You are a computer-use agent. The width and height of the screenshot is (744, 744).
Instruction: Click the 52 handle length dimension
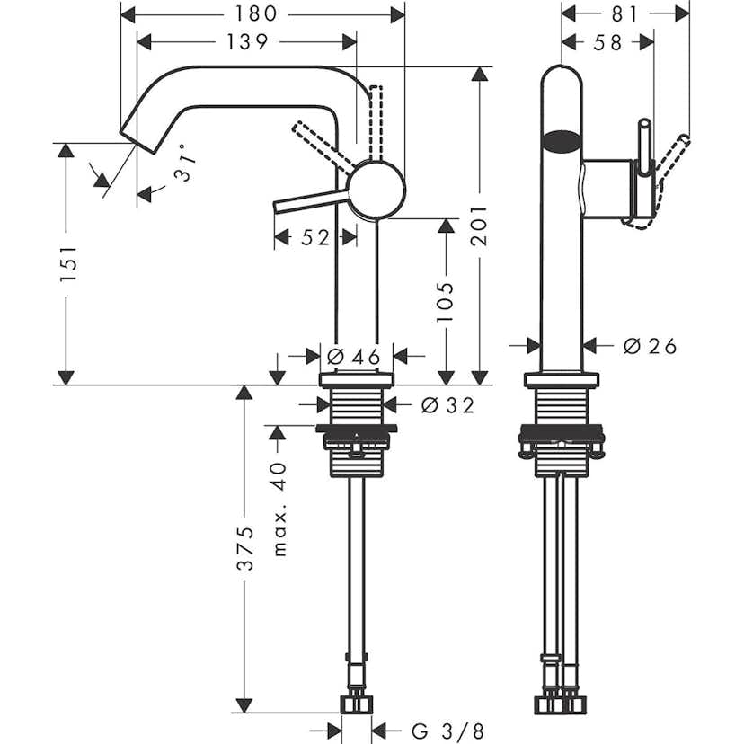point(314,237)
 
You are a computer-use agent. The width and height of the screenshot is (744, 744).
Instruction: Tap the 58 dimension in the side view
point(607,42)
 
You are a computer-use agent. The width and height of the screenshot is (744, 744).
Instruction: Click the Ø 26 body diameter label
point(649,345)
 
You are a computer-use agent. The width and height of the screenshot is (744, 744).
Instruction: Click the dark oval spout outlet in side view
point(562,140)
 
